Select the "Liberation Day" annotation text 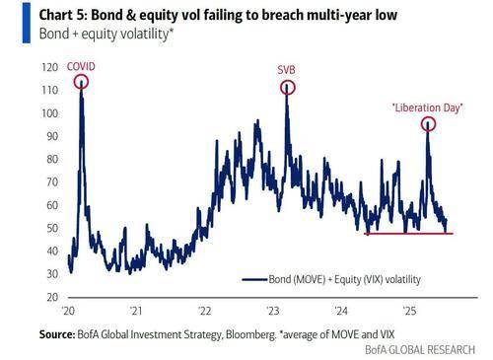(427, 107)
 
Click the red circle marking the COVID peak (81, 81)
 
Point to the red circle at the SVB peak (287, 87)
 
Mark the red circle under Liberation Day (429, 124)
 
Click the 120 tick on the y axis (48, 68)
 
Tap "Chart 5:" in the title (35, 12)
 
